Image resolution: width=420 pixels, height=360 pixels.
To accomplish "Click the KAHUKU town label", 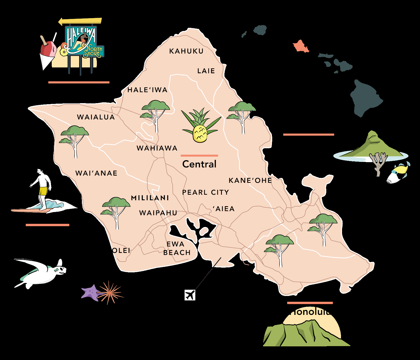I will click(186, 51).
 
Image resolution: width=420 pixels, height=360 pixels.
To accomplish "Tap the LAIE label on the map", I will click(206, 71).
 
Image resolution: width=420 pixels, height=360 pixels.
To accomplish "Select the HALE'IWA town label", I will click(147, 90).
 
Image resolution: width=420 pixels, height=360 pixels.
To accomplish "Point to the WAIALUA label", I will click(96, 117).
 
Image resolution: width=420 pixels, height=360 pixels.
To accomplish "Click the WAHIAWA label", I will click(157, 148).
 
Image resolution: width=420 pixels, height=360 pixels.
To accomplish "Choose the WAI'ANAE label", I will click(96, 173).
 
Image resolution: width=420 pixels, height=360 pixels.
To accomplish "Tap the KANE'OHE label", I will click(250, 181).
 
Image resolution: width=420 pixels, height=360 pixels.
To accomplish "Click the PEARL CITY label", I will click(206, 192).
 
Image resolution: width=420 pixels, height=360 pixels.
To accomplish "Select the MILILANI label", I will click(150, 198).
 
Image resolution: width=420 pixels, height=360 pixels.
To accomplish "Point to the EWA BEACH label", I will click(177, 248).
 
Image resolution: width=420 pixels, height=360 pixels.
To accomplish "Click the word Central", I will click(199, 164).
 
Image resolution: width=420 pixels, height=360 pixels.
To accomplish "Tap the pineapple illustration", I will click(200, 133).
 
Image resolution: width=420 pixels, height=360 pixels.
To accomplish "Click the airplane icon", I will click(190, 295).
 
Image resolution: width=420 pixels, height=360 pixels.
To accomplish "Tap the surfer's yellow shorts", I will click(43, 191).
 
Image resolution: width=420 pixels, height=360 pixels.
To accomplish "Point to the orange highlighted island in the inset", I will click(301, 46).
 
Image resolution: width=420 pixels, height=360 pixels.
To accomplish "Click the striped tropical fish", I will click(398, 173).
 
